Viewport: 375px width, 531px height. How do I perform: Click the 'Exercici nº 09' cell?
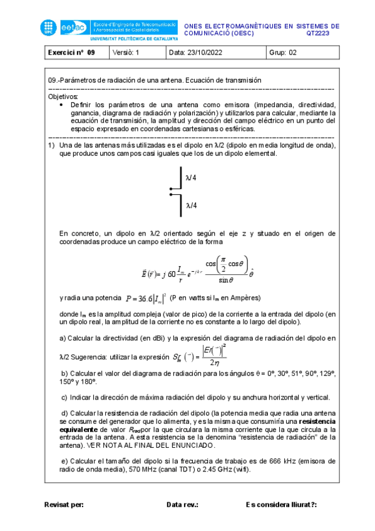click(x=71, y=53)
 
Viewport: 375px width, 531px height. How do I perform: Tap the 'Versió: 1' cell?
click(x=126, y=53)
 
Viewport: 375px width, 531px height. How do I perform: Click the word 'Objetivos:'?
click(x=63, y=96)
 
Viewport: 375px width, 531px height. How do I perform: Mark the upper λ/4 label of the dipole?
click(x=191, y=177)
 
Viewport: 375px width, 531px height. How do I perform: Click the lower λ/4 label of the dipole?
click(x=191, y=205)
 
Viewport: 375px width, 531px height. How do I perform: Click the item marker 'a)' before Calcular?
click(x=63, y=338)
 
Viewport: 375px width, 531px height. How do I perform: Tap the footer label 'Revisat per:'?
click(x=64, y=504)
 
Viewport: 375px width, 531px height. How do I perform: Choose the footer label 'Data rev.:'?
click(x=183, y=504)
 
